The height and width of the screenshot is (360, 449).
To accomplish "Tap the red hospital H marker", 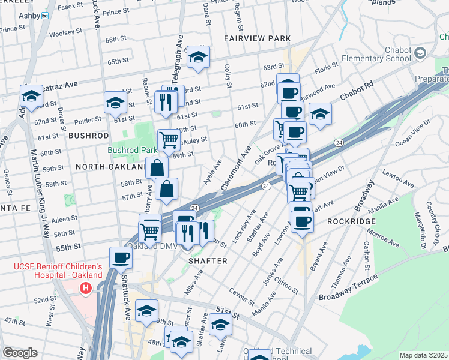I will (x=85, y=289).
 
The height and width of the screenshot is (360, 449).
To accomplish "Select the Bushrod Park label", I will (x=131, y=150).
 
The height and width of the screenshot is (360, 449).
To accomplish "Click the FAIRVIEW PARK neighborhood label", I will (x=257, y=38).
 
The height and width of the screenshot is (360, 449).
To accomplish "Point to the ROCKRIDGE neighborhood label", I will (x=351, y=221).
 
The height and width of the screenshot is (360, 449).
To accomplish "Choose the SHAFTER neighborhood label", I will (x=208, y=261).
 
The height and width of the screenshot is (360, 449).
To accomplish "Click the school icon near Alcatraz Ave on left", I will (x=31, y=95).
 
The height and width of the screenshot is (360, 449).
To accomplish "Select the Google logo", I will (x=20, y=353).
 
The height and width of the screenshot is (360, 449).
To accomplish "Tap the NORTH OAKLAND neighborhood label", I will (x=112, y=166).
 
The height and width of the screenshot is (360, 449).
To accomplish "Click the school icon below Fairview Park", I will (x=198, y=57).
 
